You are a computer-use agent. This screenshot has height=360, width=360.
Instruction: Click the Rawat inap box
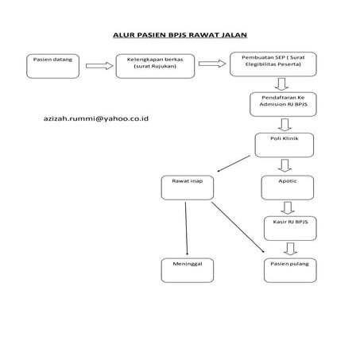pyautogui.click(x=187, y=188)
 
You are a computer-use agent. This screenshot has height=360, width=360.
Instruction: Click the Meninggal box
pyautogui.click(x=187, y=270)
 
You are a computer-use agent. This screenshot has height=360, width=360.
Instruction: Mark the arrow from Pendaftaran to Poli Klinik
pyautogui.click(x=284, y=124)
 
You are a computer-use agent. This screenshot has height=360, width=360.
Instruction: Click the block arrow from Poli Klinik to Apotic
pyautogui.click(x=284, y=165)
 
